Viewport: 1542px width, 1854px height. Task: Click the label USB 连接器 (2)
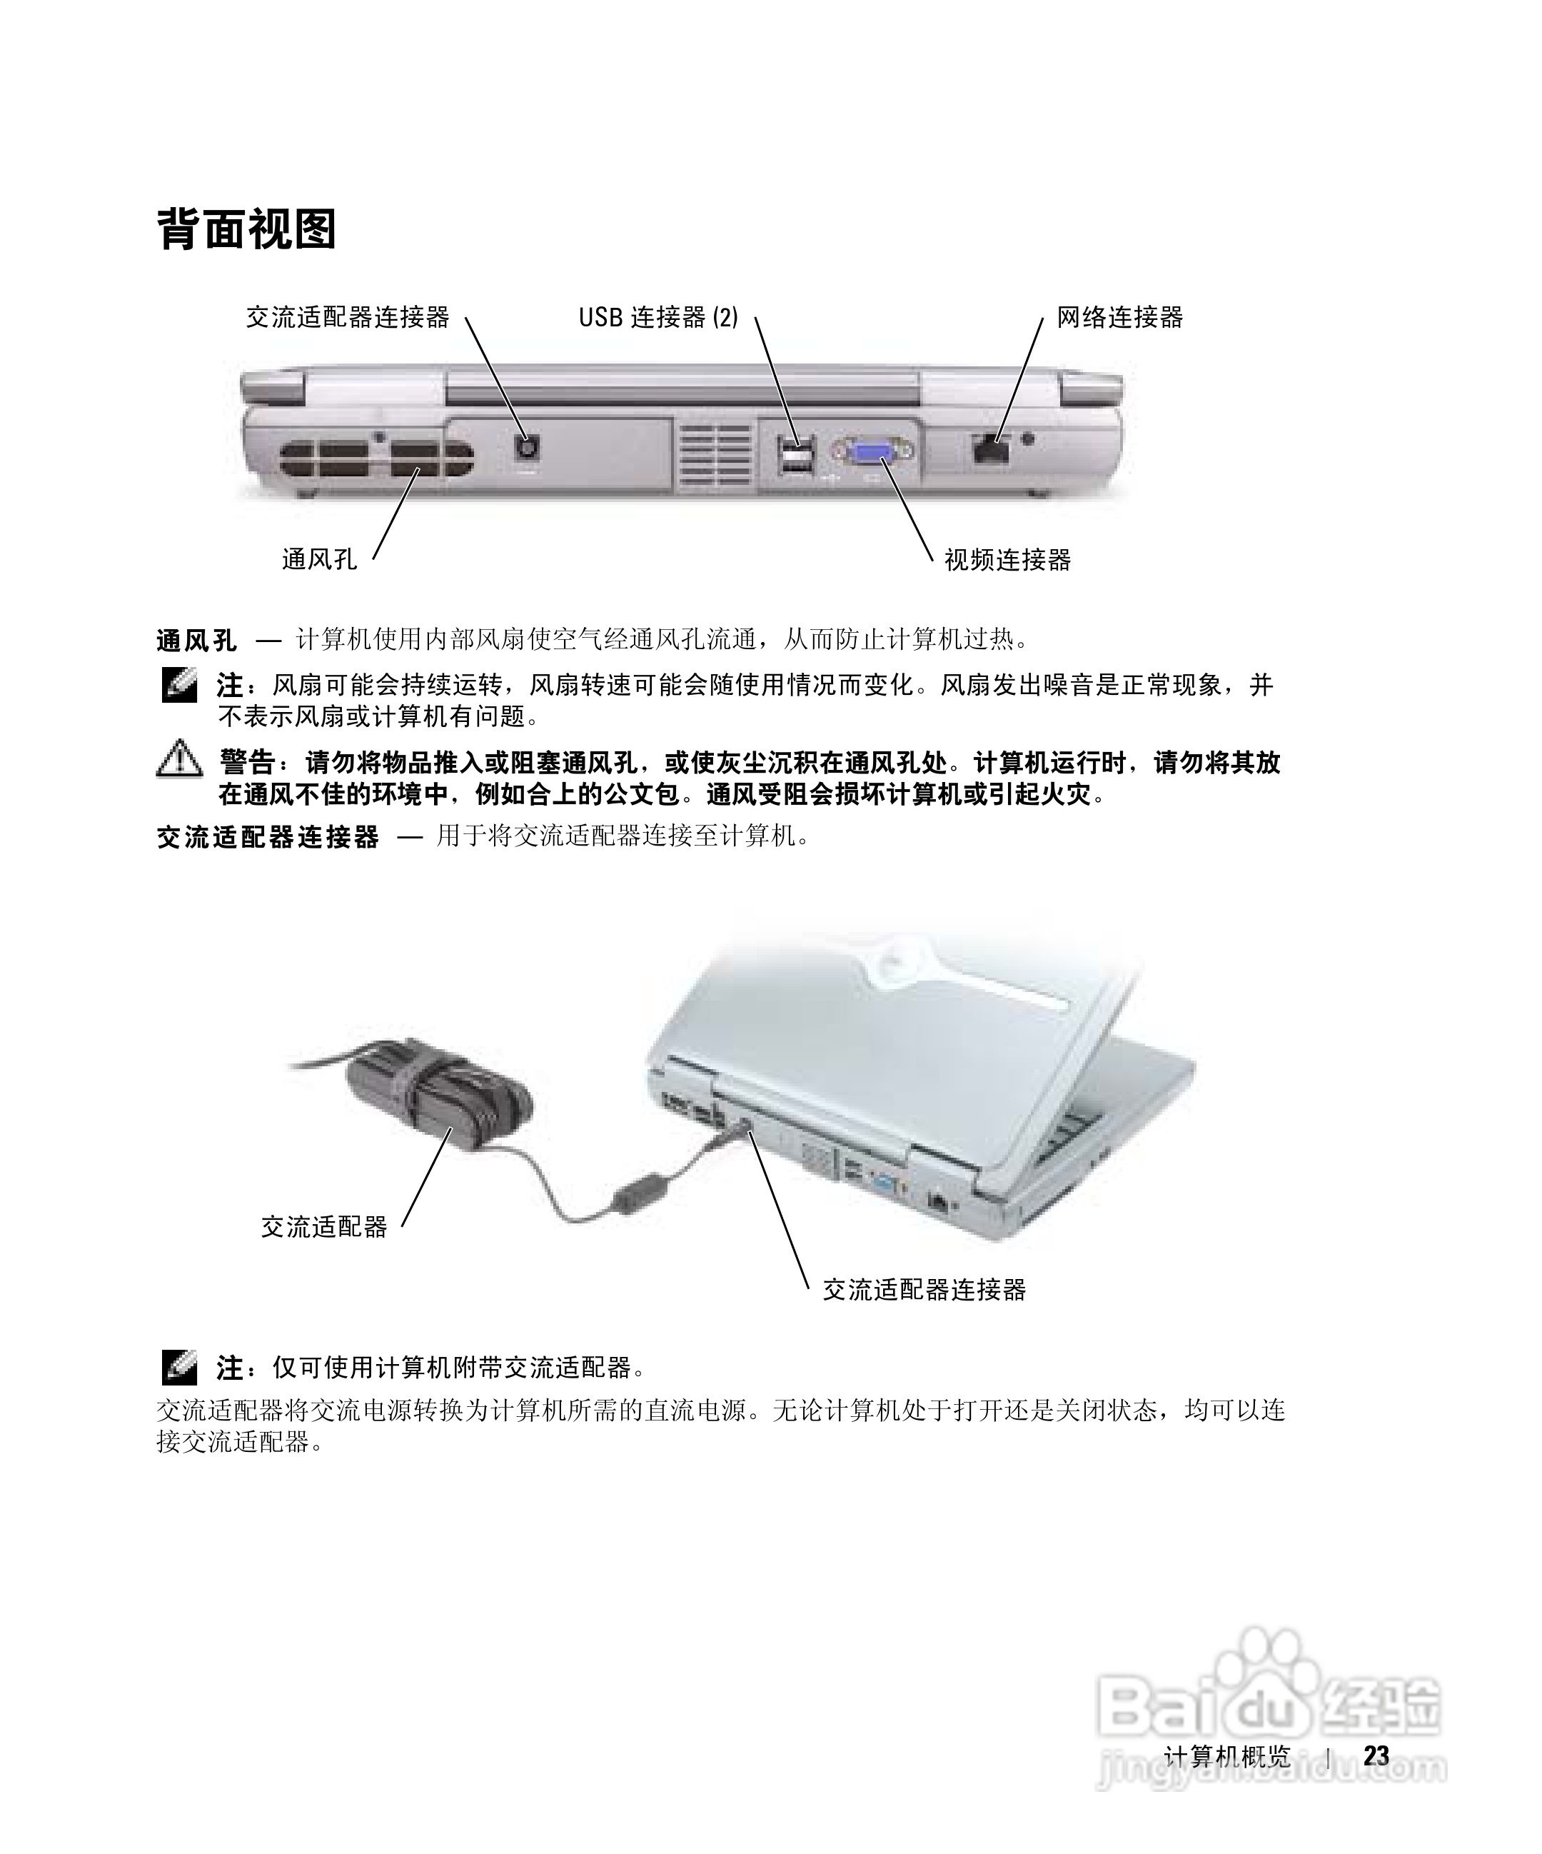coord(657,317)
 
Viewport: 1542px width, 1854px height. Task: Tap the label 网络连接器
coord(1119,317)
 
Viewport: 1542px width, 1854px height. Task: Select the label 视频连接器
coord(1007,560)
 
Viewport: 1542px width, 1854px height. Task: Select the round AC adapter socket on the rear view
coord(527,449)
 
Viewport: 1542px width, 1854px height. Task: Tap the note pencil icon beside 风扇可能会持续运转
coord(179,685)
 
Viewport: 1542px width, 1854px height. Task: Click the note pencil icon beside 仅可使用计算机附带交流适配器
coord(179,1368)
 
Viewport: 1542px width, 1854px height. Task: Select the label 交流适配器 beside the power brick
coord(324,1226)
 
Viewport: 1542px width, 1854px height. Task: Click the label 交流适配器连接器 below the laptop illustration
coord(924,1290)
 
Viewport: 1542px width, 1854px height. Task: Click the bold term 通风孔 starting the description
coord(196,640)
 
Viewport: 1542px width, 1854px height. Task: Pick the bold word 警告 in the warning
coord(246,762)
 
